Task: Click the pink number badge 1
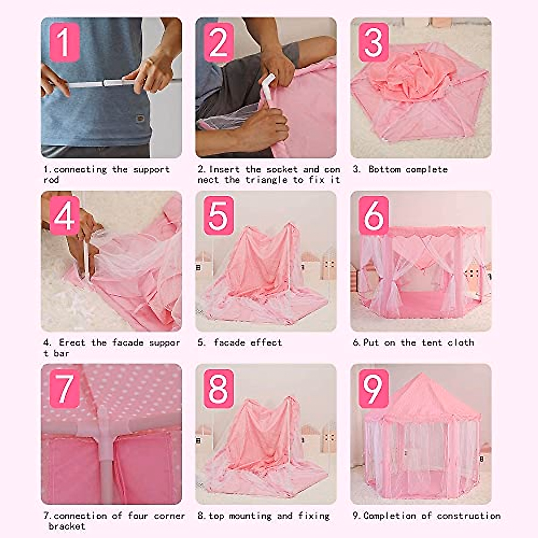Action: (x=65, y=42)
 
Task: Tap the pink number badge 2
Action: (x=219, y=42)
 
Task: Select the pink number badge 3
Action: (x=373, y=42)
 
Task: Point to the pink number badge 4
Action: (x=65, y=216)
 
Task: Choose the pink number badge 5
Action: (x=219, y=216)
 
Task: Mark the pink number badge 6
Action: (x=373, y=216)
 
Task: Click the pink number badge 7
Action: (x=65, y=389)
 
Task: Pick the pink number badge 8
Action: (x=219, y=389)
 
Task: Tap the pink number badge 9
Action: (x=373, y=389)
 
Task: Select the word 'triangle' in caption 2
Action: (x=266, y=180)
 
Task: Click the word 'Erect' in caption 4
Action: (x=72, y=343)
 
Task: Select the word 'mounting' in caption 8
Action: (x=250, y=516)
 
